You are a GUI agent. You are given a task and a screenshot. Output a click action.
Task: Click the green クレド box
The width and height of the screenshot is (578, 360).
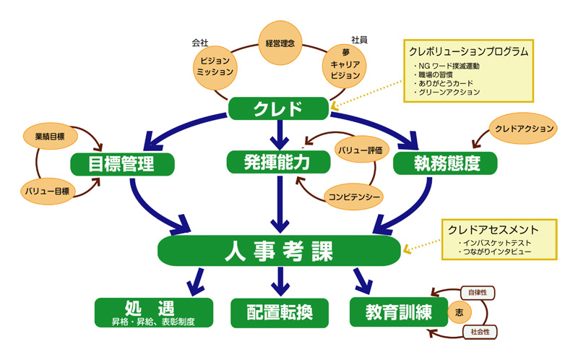click(x=278, y=108)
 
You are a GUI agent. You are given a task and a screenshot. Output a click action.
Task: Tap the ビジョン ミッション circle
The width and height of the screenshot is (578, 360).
click(x=215, y=67)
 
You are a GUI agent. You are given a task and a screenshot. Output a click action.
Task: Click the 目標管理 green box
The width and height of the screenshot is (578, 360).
click(x=122, y=163)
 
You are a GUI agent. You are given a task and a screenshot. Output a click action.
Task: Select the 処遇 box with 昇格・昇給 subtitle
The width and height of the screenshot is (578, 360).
click(x=153, y=312)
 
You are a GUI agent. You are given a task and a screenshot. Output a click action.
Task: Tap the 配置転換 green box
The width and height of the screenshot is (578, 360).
click(x=278, y=312)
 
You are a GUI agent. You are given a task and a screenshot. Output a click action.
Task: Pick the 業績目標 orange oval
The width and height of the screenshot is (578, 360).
click(x=51, y=135)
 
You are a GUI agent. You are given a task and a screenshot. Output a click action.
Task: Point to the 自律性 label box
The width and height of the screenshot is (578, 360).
click(x=477, y=293)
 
